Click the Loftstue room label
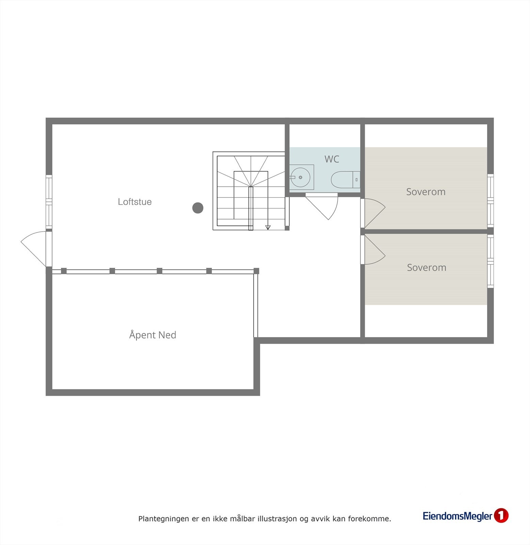(134, 202)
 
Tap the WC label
(332, 159)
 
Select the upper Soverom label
(425, 192)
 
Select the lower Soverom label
(426, 267)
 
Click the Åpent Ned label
(152, 335)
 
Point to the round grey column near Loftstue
(198, 208)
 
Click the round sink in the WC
(301, 177)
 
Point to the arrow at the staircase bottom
(268, 227)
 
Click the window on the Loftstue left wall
(49, 202)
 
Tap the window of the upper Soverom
(490, 201)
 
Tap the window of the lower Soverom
(490, 262)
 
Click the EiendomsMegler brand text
(457, 516)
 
